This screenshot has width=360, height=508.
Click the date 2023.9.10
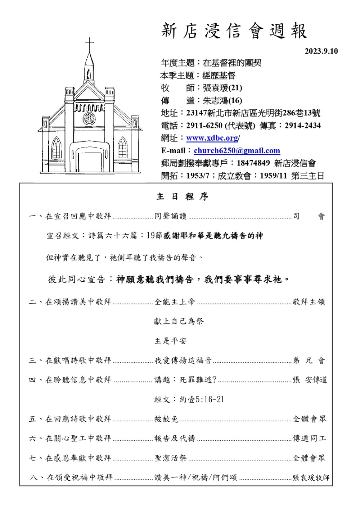point(321,51)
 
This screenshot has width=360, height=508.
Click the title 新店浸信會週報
point(234,31)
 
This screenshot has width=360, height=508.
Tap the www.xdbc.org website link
point(212,138)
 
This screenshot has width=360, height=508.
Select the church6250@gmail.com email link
point(237,151)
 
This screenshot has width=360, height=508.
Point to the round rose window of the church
point(89,118)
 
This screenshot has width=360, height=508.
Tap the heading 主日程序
point(182,197)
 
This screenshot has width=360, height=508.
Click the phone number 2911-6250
point(204,126)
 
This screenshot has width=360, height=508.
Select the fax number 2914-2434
point(302,126)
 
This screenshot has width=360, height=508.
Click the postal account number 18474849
point(253,163)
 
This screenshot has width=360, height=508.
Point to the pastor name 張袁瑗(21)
point(222,88)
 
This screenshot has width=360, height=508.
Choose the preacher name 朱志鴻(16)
point(222,100)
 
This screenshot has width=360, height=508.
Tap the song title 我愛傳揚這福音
point(183,360)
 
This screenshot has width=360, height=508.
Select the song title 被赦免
point(166,419)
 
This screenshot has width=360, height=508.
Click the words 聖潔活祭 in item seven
point(171,458)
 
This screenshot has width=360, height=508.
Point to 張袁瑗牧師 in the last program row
point(311,477)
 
